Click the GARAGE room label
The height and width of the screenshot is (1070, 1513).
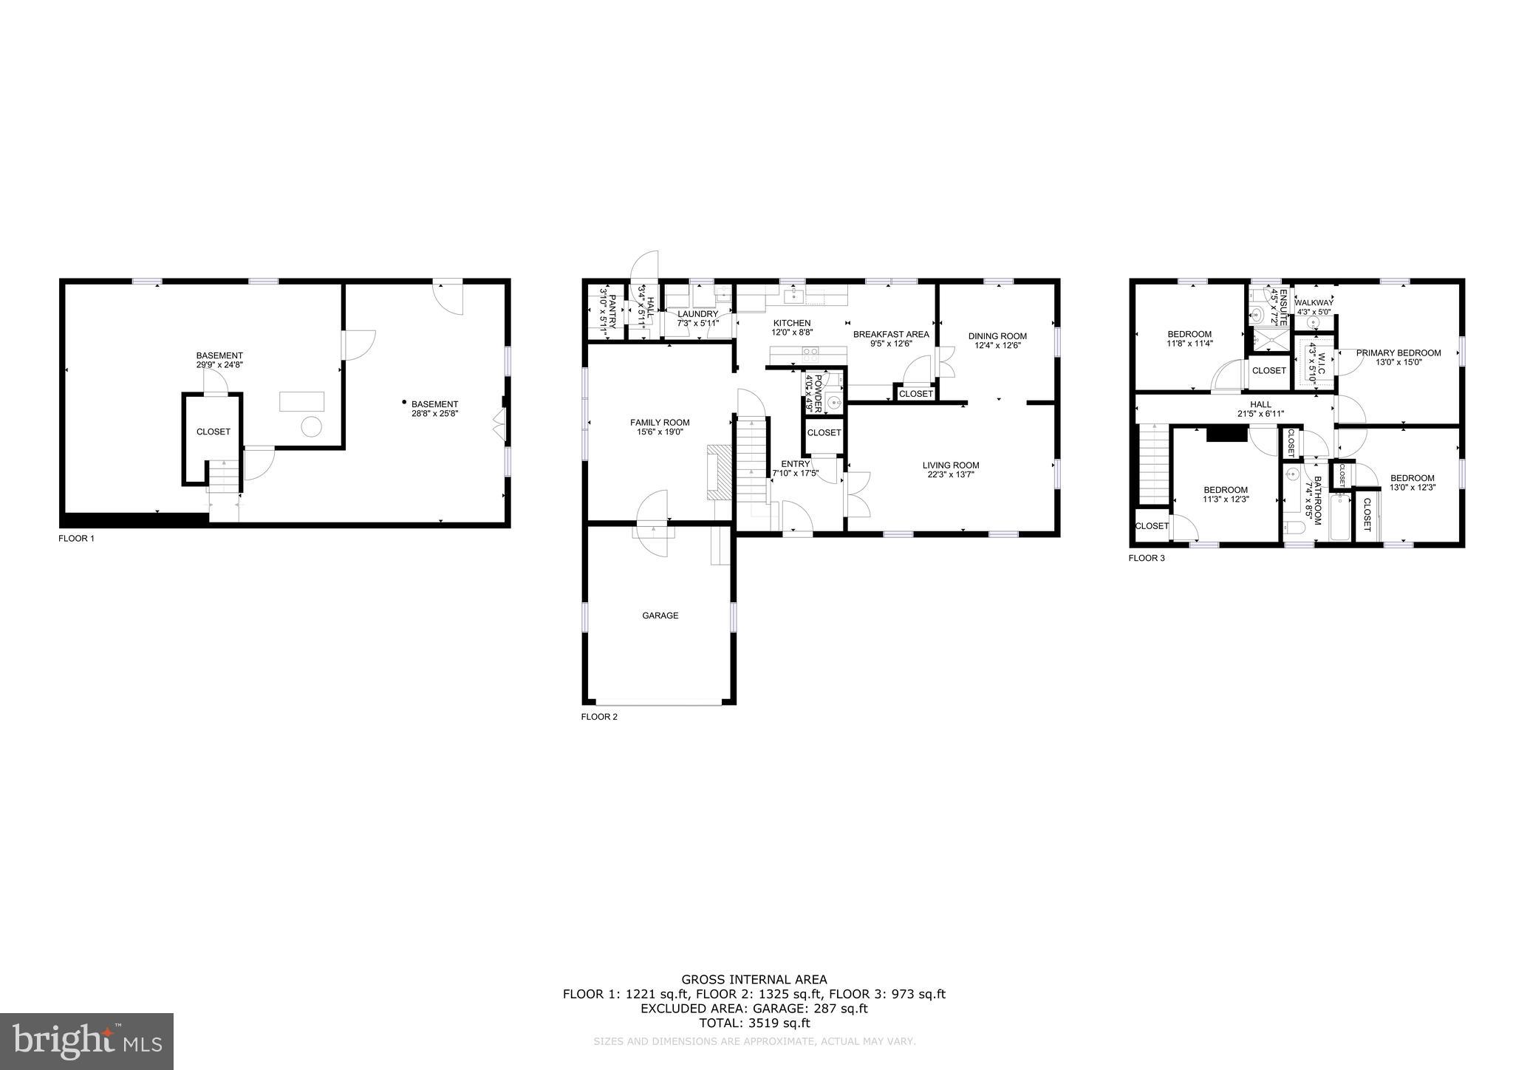click(x=660, y=616)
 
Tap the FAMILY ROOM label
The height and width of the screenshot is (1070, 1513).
click(x=660, y=423)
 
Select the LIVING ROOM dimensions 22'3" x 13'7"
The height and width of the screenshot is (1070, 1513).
click(x=951, y=474)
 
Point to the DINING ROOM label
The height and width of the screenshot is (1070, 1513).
click(x=997, y=336)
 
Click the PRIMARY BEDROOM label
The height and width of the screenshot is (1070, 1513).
click(x=1398, y=353)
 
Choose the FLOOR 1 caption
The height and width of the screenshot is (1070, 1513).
click(x=76, y=539)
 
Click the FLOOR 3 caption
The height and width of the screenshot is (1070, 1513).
click(x=1146, y=558)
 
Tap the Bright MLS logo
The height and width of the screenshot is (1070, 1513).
click(x=86, y=1041)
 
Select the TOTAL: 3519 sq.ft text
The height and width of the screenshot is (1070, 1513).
click(x=754, y=1023)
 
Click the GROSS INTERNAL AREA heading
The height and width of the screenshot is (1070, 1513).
click(x=754, y=980)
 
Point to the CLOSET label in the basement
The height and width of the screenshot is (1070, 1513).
click(x=213, y=432)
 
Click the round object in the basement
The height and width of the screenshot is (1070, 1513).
click(x=312, y=426)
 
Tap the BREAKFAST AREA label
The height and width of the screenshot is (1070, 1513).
click(x=891, y=335)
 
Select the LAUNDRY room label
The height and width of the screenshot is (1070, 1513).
click(x=697, y=314)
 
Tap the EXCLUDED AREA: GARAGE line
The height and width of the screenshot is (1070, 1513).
click(x=754, y=1009)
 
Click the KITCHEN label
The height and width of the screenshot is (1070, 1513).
click(x=792, y=323)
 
